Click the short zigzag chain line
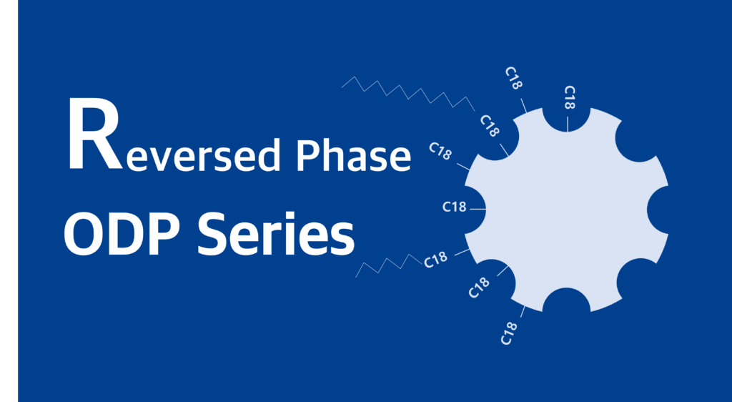pyautogui.click(x=389, y=265)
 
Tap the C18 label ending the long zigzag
pyautogui.click(x=490, y=126)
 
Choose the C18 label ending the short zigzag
pyautogui.click(x=435, y=260)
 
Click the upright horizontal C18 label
pyautogui.click(x=454, y=207)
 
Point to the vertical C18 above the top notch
pyautogui.click(x=570, y=97)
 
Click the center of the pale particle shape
pyautogui.click(x=566, y=210)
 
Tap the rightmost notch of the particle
pyautogui.click(x=658, y=210)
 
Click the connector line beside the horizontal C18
pyautogui.click(x=478, y=210)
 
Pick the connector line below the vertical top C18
pyautogui.click(x=568, y=124)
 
